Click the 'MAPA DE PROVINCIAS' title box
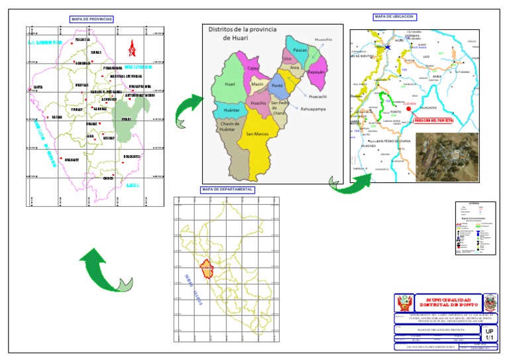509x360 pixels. coord(92,20)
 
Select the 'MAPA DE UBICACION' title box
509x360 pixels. coord(394,17)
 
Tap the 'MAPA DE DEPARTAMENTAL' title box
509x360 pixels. coord(228,190)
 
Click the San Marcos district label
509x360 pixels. coord(257,134)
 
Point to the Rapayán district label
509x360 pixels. coord(317,72)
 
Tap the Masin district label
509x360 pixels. coord(258,85)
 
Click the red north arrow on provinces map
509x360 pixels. coord(133,48)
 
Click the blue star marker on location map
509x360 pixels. coord(387,47)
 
